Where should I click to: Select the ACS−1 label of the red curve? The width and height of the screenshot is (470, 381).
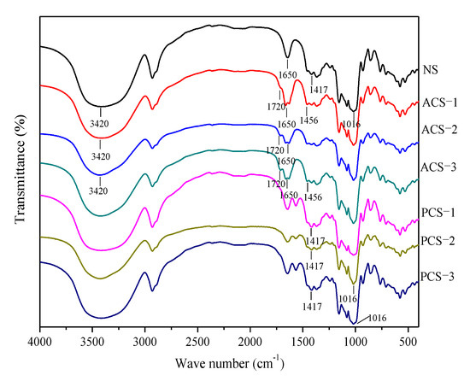point(439,103)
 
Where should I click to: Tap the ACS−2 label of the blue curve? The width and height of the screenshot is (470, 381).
point(439,131)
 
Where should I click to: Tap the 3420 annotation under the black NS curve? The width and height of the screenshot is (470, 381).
point(101,122)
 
